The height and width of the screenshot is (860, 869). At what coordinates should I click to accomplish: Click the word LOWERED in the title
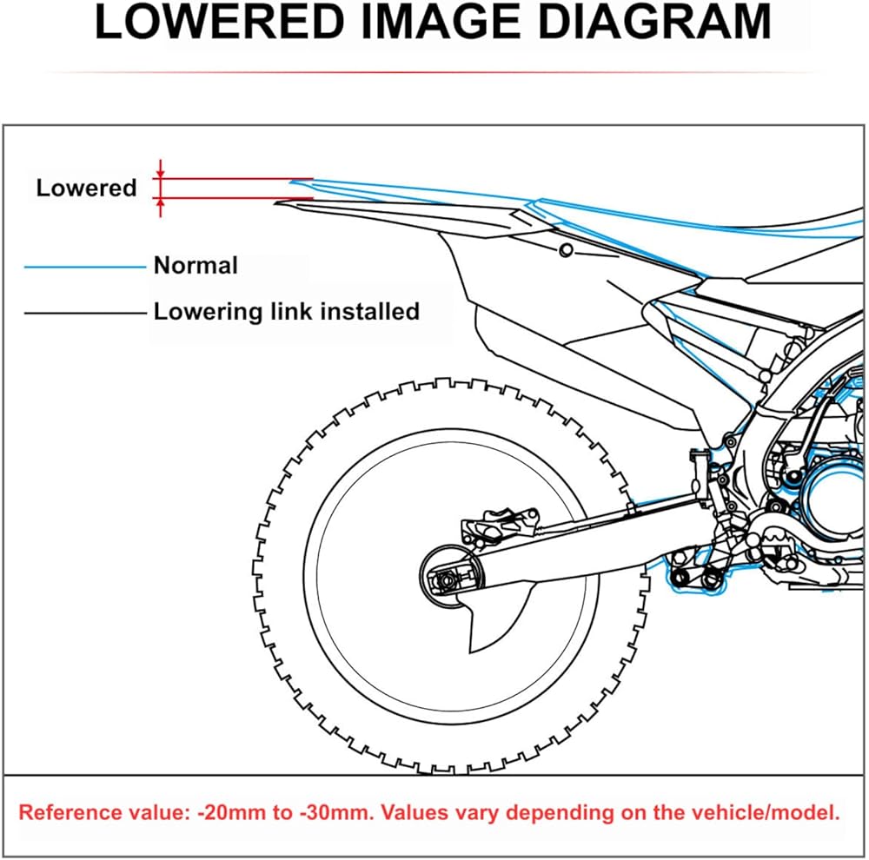(x=220, y=23)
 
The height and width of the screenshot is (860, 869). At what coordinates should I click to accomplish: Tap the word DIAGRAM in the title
(x=654, y=23)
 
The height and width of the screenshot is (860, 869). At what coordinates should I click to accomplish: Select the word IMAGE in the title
(x=441, y=23)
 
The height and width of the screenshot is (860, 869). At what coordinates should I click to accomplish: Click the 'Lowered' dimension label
(x=86, y=188)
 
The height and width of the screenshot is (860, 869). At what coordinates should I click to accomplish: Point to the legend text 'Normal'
(x=196, y=266)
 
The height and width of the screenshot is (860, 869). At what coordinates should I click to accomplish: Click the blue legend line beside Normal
(x=85, y=267)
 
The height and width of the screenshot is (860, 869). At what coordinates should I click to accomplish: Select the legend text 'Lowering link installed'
(x=287, y=311)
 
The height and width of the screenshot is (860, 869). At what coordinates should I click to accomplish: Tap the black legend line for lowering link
(x=85, y=313)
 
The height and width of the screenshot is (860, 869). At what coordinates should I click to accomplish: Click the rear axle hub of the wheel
(x=446, y=579)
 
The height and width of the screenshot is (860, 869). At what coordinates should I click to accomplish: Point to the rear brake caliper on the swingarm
(x=501, y=524)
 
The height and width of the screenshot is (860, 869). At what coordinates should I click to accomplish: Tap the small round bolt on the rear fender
(x=566, y=250)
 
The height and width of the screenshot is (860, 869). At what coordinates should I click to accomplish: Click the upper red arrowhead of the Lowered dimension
(x=160, y=175)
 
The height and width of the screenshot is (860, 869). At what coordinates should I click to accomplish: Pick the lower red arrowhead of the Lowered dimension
(x=160, y=202)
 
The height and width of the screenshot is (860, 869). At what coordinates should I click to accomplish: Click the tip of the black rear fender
(x=275, y=204)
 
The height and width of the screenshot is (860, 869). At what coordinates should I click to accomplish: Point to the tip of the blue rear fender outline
(x=291, y=181)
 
